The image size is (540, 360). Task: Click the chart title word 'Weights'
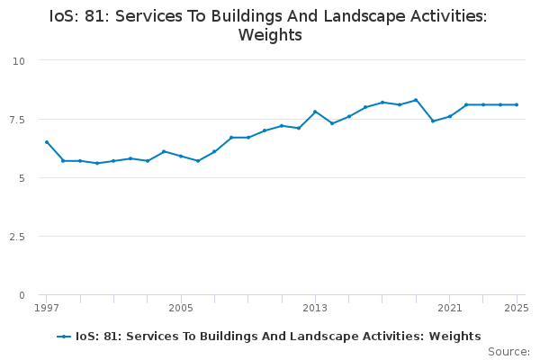coord(270,36)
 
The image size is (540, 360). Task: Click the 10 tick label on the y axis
coord(19,60)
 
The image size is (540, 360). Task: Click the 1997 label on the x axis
coord(47,308)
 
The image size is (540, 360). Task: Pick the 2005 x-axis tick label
coord(181,308)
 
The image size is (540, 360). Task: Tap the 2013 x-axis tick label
coord(315,308)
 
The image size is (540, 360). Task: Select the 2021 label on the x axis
coord(449,308)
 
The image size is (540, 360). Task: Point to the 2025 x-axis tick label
coord(516,308)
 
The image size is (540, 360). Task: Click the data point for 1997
coord(47,142)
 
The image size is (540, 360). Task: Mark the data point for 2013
coord(315,112)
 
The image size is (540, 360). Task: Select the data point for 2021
coord(449,116)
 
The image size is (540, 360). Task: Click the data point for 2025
coord(517,104)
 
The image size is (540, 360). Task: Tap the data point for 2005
coord(181,156)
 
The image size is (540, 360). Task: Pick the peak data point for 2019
coord(416,100)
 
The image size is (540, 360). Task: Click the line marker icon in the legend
coord(64,337)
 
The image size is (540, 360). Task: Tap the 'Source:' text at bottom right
coord(508,351)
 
